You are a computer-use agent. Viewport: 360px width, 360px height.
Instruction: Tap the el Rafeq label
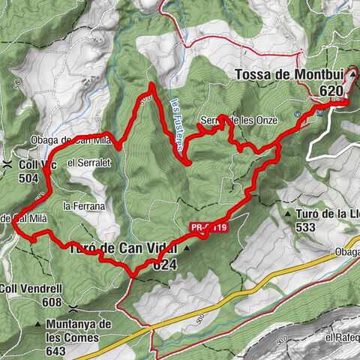(339, 338)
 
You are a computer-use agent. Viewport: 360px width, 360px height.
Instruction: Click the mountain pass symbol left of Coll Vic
(7, 163)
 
